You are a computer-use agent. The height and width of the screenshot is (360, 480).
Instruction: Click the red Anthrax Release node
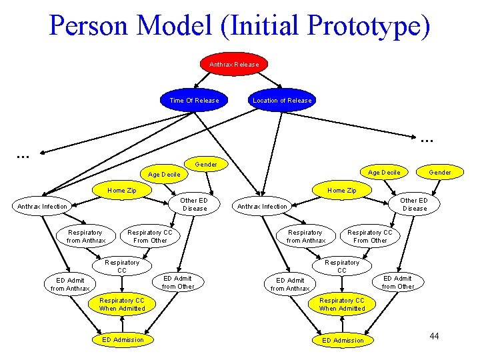[x=234, y=64]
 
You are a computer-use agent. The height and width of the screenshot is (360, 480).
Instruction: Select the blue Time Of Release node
[x=194, y=101]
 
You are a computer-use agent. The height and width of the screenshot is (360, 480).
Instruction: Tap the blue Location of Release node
[x=282, y=101]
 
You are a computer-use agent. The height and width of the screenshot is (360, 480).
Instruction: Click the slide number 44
[x=434, y=335]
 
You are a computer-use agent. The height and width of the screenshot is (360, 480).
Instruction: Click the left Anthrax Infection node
[x=42, y=206]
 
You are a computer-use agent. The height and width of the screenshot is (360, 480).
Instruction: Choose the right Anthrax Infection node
[x=263, y=206]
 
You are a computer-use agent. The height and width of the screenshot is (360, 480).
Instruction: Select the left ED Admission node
[x=123, y=339]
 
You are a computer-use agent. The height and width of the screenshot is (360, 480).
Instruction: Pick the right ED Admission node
[x=343, y=340]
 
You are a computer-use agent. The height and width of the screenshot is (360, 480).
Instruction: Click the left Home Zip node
[x=122, y=190]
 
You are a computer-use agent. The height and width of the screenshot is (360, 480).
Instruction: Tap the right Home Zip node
[x=341, y=190]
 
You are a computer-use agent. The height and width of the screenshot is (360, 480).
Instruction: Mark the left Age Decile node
[x=163, y=174]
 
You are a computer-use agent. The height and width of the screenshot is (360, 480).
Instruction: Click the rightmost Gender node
[x=440, y=172]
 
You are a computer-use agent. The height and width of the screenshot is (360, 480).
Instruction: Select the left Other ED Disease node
[x=195, y=204]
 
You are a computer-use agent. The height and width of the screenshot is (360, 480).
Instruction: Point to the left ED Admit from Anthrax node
[x=71, y=284]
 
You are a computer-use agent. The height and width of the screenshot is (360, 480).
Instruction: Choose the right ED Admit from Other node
[x=398, y=282]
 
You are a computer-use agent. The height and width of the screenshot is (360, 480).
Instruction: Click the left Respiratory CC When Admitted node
[x=122, y=304]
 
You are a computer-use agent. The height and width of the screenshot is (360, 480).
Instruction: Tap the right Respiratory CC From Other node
[x=370, y=236]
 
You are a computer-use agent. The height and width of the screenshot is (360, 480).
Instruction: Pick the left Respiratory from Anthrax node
[x=86, y=236]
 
